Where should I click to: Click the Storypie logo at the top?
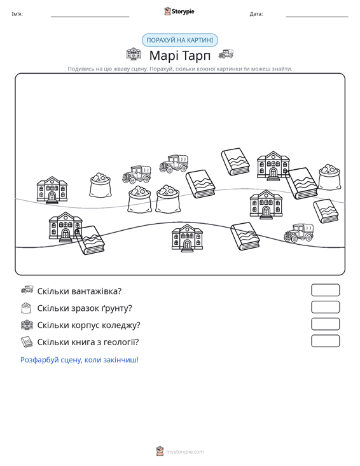(179, 11)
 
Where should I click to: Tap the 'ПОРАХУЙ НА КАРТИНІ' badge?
(180, 40)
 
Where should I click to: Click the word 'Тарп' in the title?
(196, 55)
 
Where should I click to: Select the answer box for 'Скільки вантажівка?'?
(325, 290)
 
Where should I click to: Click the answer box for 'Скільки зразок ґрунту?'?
(325, 307)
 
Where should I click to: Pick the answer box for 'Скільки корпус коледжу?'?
(325, 324)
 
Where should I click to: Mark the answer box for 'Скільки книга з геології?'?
(325, 341)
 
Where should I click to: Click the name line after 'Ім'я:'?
(90, 17)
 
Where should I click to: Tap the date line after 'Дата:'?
(317, 17)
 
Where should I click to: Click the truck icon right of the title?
(226, 54)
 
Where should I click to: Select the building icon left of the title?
(134, 54)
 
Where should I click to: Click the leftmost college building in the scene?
(52, 190)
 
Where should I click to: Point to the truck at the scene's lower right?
(298, 233)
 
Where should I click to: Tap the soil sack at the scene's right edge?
(329, 177)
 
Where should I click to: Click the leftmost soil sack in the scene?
(100, 185)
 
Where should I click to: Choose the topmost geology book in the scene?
(235, 161)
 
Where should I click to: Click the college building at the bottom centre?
(187, 238)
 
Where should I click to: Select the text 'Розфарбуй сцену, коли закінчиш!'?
(80, 360)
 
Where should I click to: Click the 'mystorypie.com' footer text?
(184, 452)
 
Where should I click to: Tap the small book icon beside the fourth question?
(27, 342)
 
